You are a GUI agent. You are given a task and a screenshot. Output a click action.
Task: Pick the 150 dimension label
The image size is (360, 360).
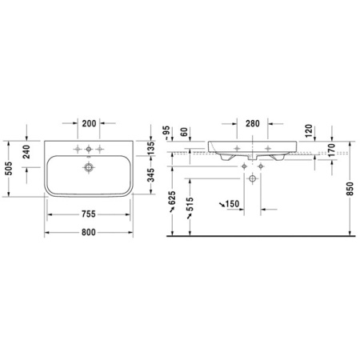pyautogui.click(x=233, y=205)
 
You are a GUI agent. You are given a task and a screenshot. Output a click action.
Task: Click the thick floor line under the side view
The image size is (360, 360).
pyautogui.click(x=260, y=237)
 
